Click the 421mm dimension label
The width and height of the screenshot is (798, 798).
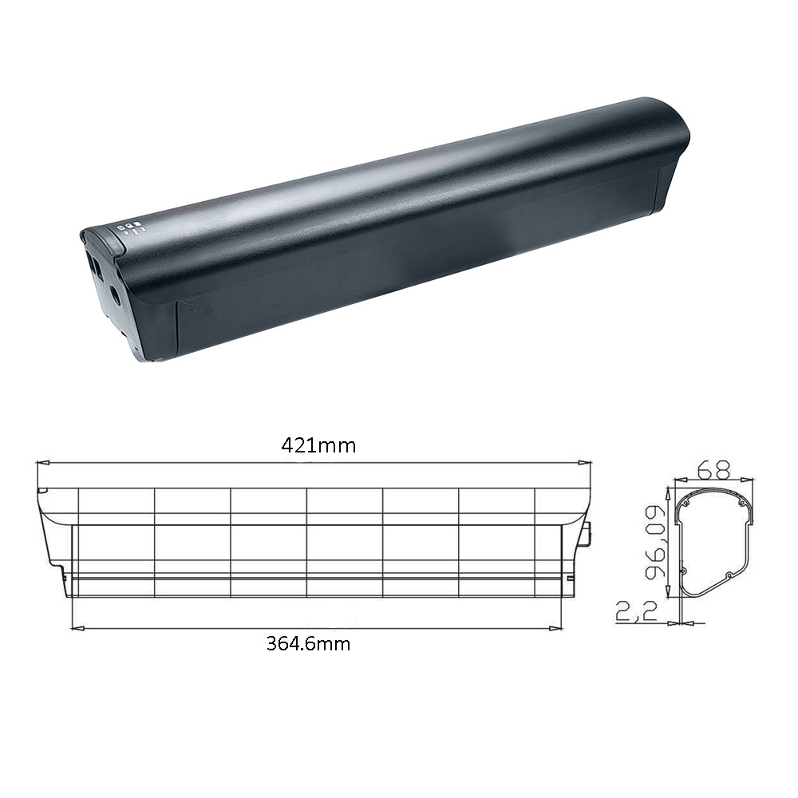pos(318,446)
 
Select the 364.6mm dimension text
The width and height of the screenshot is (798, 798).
pos(308,644)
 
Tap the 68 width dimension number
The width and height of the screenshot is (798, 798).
pos(713,469)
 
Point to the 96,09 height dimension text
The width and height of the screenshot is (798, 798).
pos(655,542)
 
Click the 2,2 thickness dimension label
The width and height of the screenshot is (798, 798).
pos(637,610)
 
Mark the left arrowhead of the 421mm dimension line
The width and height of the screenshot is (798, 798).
pos(43,463)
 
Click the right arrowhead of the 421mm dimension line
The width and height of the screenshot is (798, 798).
pos(584,463)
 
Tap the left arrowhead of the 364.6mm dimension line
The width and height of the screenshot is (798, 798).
pos(77,629)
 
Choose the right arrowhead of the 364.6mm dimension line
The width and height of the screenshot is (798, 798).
pos(555,629)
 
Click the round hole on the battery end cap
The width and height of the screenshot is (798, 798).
pos(116,294)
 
